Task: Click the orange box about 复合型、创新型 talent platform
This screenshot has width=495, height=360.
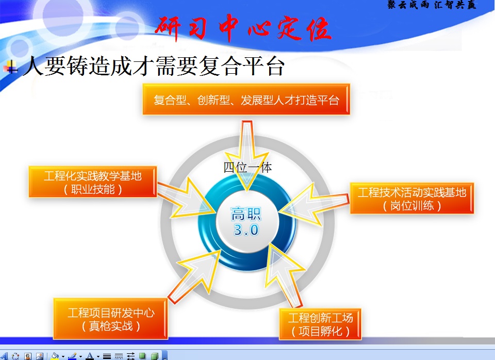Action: pos(246,99)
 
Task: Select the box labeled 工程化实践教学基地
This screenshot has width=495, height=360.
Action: pos(93,182)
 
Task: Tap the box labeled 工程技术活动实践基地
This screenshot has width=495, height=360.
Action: pos(412,199)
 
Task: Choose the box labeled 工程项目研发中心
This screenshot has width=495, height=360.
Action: pos(110,319)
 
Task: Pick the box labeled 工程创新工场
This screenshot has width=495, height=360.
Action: pos(320,324)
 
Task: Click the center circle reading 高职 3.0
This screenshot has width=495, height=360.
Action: pos(246,222)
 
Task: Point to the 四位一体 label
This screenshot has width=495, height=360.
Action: pos(247,168)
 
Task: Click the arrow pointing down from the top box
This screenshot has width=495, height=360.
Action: pos(247,155)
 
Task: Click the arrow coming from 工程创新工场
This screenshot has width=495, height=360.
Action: pos(284,274)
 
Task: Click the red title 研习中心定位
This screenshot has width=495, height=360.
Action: pos(243,29)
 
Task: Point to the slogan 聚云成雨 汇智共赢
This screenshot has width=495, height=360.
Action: pos(432,5)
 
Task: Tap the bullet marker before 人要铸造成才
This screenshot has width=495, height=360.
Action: pos(11,67)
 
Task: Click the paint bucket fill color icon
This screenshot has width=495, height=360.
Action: pos(55,356)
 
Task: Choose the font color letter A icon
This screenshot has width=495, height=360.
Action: pos(90,356)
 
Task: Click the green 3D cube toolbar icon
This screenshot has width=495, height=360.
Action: pos(154,356)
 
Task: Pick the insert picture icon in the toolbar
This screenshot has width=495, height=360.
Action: pos(40,356)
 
